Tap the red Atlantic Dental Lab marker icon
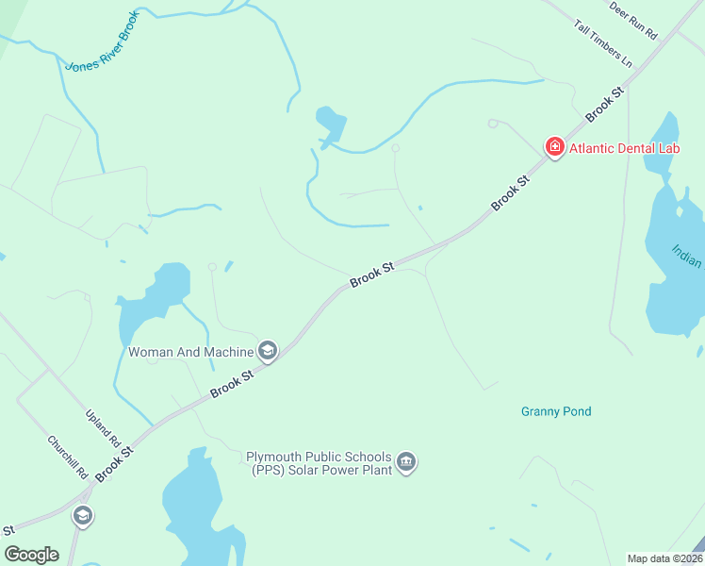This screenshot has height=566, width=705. pos(554,147)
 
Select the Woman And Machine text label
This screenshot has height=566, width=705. pos(191,352)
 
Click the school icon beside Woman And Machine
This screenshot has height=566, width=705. pos(268,352)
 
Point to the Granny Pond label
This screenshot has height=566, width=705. pos(556,411)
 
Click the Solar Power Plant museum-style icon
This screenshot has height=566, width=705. pos(406,462)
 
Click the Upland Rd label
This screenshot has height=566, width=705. pos(104,427)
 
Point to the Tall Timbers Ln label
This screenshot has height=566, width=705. pos(603,42)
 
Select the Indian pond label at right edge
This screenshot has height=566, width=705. pos(687,256)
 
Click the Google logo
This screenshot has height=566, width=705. pos(31,554)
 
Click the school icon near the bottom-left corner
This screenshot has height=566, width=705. pos(83,516)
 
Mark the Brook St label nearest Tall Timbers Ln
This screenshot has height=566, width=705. pos(606,104)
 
